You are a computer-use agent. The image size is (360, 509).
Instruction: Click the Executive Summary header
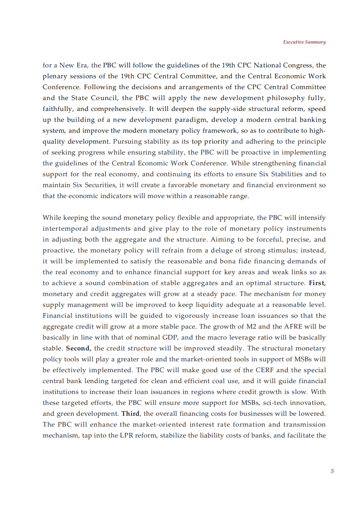[304, 42]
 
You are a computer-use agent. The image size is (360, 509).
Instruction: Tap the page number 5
[332, 471]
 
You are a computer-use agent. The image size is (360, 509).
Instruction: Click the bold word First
[317, 283]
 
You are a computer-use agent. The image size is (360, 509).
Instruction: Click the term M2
[251, 326]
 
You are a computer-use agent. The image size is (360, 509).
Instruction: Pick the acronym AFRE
[293, 326]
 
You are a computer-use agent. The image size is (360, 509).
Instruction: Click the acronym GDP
[170, 337]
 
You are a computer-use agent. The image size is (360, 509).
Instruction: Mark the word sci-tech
[275, 403]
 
